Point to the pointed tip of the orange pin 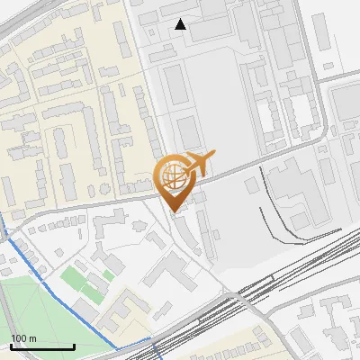point(174,211)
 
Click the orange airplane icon point(199,165)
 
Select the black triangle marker point(181,24)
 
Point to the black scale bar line point(42,346)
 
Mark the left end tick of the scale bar point(12,345)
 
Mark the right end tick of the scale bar point(74,345)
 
